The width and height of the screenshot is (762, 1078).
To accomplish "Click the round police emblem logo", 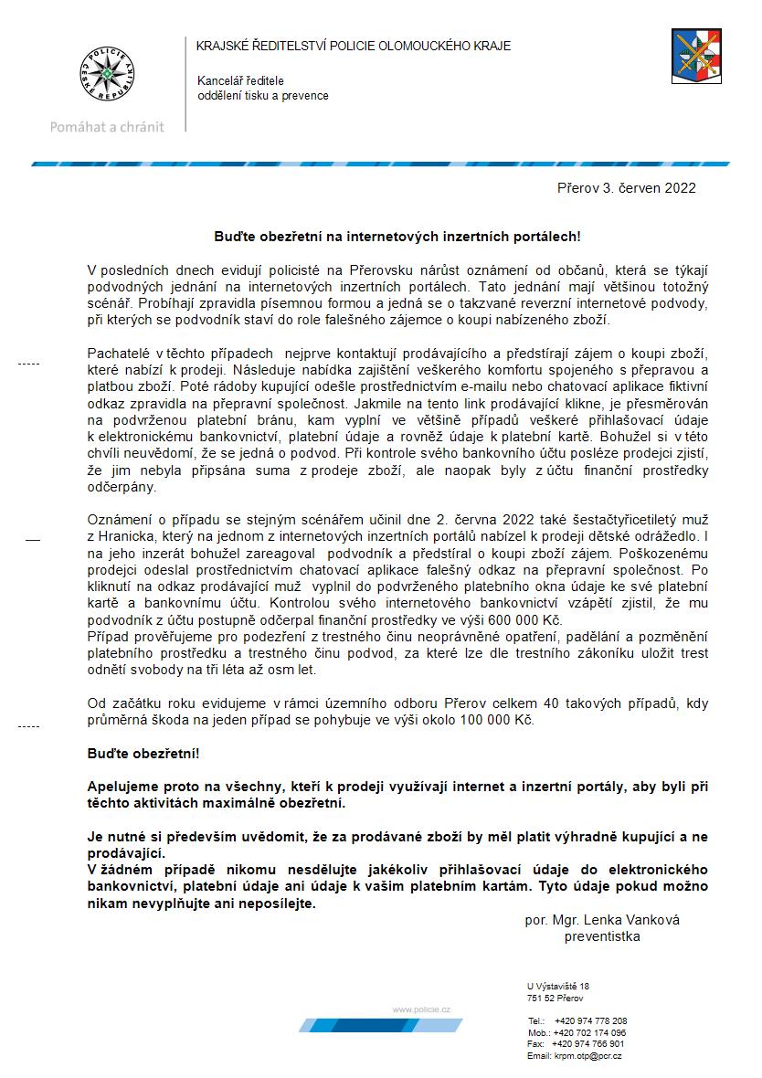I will click(107, 71).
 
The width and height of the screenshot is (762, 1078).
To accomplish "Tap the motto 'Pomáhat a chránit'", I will click(107, 127).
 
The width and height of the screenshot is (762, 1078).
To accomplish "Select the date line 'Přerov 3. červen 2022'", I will click(627, 189).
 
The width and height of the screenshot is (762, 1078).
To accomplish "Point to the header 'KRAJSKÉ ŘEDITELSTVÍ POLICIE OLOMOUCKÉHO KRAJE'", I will click(355, 46).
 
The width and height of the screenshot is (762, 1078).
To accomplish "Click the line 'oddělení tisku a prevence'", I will click(263, 96).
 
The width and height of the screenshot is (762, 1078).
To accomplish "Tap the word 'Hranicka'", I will click(123, 536).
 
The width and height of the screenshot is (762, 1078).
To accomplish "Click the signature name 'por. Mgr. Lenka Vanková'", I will click(602, 920).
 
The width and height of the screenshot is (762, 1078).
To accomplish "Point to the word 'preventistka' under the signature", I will click(602, 936).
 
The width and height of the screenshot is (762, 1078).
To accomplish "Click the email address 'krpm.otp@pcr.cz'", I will click(587, 1055).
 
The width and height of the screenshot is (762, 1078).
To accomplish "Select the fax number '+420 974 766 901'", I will click(589, 1043).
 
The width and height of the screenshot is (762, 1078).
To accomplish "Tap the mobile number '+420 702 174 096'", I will click(589, 1032).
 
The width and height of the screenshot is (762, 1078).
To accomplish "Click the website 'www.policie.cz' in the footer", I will click(421, 1009).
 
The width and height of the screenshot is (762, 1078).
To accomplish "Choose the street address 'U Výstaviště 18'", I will click(558, 987).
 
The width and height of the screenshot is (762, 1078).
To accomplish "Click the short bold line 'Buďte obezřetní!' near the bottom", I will click(143, 756).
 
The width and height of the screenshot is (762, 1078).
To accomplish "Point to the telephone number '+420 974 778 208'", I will click(590, 1020).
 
